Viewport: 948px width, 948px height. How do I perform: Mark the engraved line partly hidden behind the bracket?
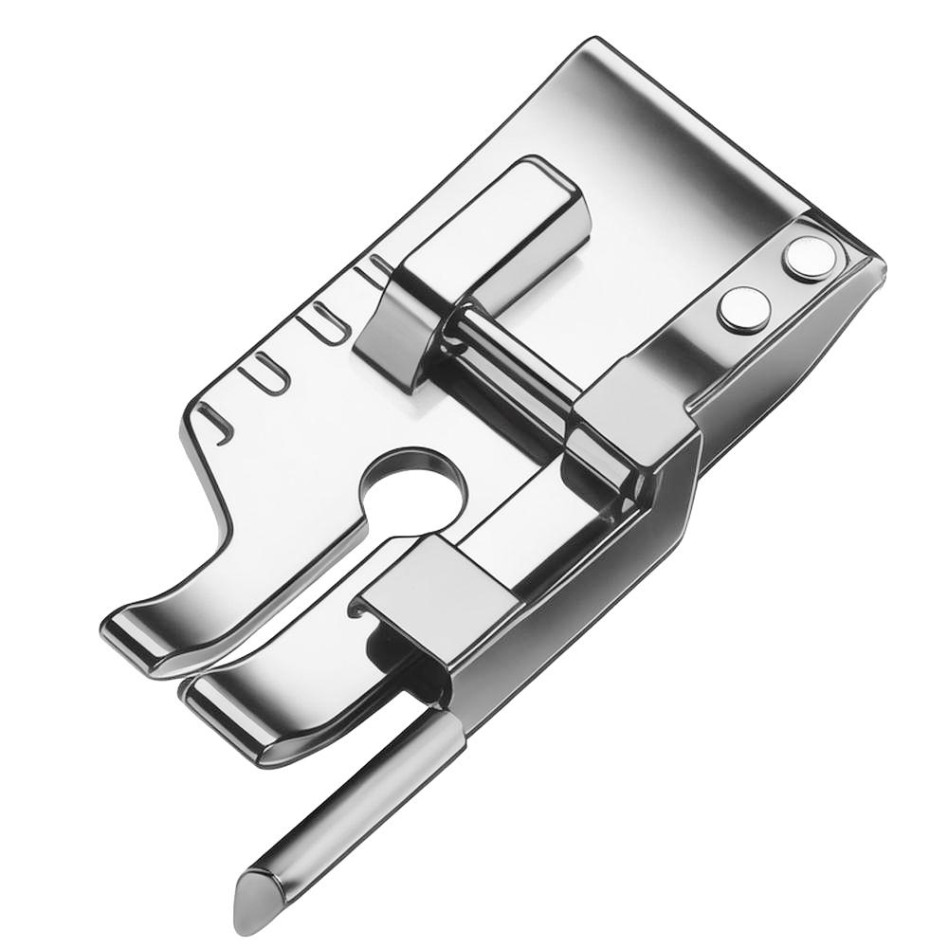pyautogui.click(x=375, y=271)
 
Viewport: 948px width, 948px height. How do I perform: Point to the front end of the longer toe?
pyautogui.click(x=204, y=697)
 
